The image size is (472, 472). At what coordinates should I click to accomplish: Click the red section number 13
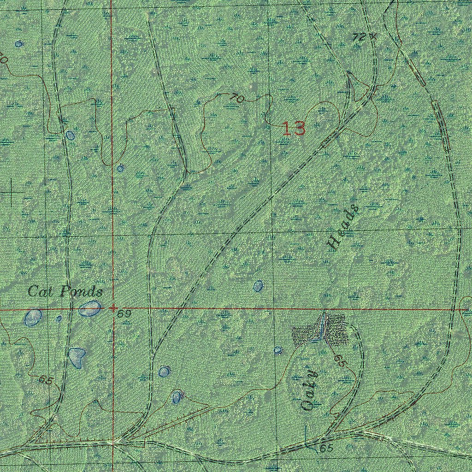294,129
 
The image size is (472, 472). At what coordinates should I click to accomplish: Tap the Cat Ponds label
65,292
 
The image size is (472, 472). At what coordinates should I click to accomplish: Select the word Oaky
310,390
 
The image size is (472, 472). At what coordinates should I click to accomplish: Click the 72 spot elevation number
359,37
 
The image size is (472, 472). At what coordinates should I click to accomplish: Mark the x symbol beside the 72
373,35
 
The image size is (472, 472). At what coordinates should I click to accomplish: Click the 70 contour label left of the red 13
237,98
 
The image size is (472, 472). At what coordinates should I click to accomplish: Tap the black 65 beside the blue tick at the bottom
326,448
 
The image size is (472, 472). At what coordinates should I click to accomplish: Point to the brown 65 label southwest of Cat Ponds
46,380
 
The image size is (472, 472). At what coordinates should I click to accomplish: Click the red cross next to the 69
113,308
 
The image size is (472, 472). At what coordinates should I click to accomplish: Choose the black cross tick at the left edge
12,192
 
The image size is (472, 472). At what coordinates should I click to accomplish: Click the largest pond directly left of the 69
90,308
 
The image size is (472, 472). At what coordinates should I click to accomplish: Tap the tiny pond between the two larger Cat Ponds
59,318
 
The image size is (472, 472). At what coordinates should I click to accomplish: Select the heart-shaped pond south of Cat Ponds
77,357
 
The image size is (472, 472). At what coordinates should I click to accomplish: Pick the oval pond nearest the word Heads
259,286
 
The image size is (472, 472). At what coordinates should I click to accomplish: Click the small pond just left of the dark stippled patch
278,350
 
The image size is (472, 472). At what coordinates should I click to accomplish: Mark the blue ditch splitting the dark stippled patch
321,328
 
